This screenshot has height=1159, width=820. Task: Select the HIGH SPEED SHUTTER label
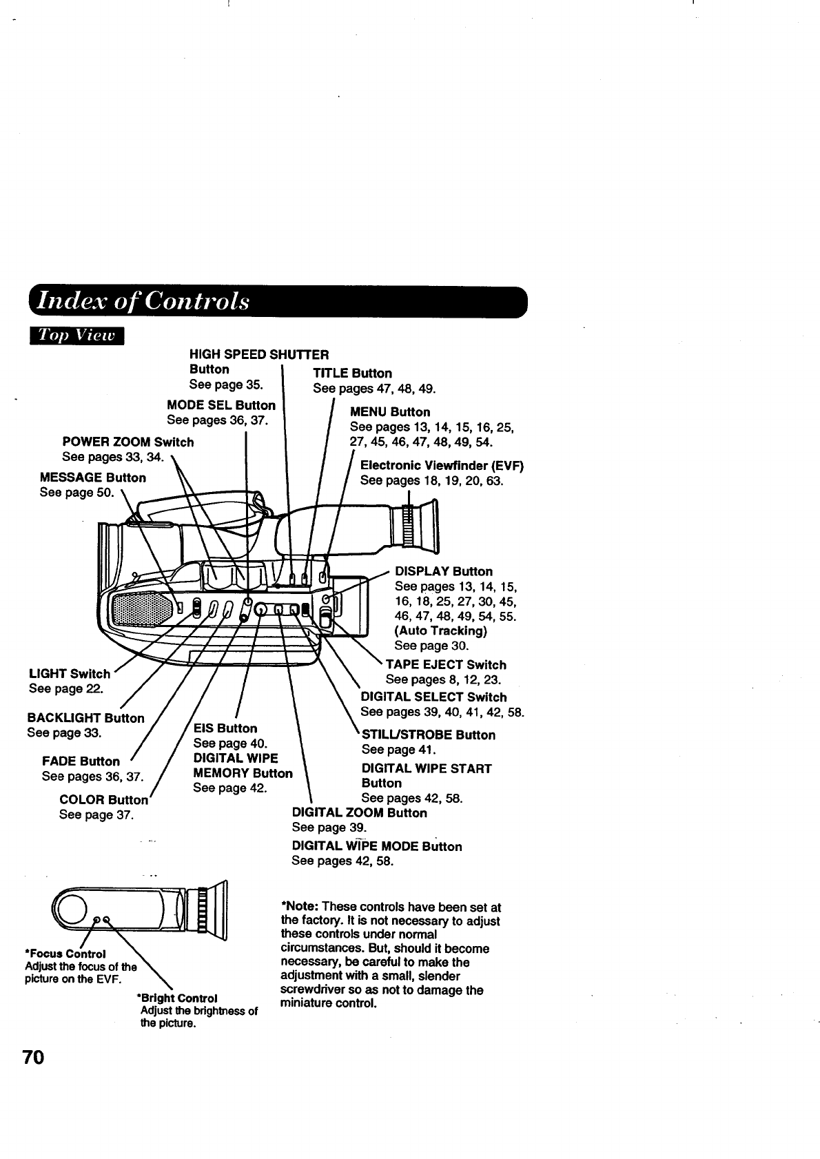pyautogui.click(x=258, y=355)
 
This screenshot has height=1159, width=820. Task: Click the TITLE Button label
pyautogui.click(x=352, y=373)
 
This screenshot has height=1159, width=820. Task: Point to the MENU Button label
pyautogui.click(x=390, y=412)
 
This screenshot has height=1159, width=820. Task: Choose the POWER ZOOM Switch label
pyautogui.click(x=127, y=442)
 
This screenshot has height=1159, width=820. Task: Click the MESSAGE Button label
pyautogui.click(x=93, y=478)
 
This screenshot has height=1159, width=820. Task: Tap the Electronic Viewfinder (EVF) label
pyautogui.click(x=442, y=466)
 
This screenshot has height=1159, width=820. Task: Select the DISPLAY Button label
pyautogui.click(x=443, y=571)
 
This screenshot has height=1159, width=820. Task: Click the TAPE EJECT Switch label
pyautogui.click(x=445, y=665)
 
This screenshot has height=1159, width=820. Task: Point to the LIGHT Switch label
pyautogui.click(x=69, y=674)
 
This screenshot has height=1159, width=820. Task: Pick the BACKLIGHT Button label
pyautogui.click(x=85, y=718)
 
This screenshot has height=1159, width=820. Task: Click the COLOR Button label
pyautogui.click(x=103, y=800)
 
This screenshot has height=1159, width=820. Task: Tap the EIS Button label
pyautogui.click(x=225, y=728)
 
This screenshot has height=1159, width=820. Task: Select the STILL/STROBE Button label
pyautogui.click(x=428, y=735)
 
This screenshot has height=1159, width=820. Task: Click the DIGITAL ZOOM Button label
pyautogui.click(x=359, y=813)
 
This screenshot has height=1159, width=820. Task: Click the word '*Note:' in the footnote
pyautogui.click(x=300, y=906)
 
